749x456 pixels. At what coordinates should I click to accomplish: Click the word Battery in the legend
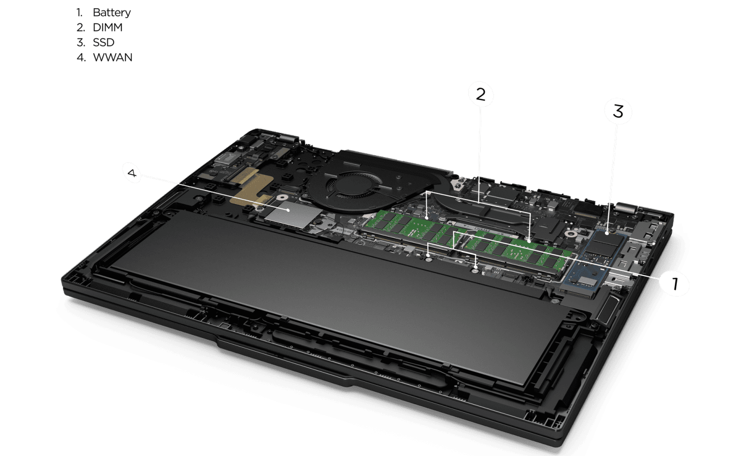112,13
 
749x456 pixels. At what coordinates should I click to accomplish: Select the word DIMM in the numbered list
108,28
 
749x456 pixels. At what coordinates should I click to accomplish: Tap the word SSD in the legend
104,42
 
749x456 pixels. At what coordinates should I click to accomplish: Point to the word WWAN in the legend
113,58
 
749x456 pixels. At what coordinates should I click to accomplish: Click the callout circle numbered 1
675,284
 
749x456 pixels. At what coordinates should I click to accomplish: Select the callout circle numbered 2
481,95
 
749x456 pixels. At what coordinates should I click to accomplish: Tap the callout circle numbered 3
618,112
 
